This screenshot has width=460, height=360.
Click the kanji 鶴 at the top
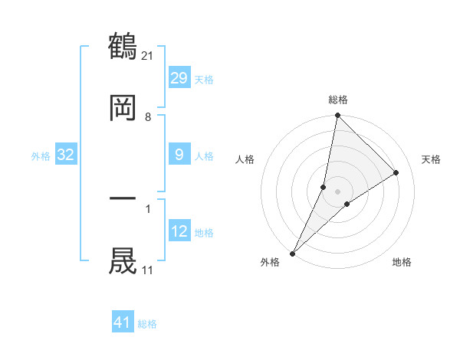coord(123,47)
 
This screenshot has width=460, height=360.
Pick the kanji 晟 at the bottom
coord(123,260)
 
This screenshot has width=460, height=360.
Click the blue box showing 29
coord(179,78)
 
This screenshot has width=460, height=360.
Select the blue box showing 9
coord(179,155)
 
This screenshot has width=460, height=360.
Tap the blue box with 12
coord(179,231)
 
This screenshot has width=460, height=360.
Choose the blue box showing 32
coord(66,155)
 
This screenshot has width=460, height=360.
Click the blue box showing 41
coord(123,322)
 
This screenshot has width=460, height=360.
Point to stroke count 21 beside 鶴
coord(149,55)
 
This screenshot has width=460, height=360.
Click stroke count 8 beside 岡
coord(148,117)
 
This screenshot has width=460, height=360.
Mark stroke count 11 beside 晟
coord(148,270)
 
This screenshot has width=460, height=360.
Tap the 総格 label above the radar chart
coord(338,100)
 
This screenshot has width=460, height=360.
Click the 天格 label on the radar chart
coord(432,159)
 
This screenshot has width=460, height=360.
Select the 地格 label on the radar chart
coord(402,263)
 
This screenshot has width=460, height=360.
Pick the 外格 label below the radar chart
coord(270,263)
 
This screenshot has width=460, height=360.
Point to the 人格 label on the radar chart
coord(245,159)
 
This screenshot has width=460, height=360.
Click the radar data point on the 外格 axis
coord(292,253)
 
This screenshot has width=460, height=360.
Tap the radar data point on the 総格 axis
coord(337,115)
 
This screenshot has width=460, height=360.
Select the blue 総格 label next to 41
coord(148,324)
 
